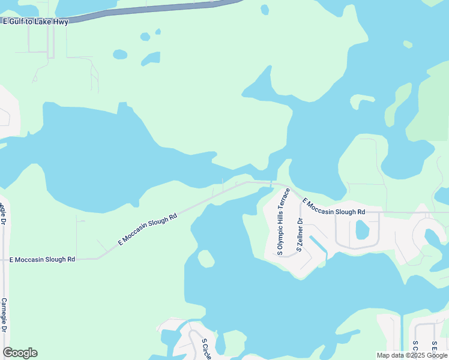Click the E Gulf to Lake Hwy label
35,22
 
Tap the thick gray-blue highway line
150,9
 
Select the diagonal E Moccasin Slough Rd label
148,229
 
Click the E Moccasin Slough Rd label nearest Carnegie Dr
42,259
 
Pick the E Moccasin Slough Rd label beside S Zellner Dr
334,207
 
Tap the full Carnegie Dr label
4,316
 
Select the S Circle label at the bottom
207,349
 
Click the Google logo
20,353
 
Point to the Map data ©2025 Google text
411,355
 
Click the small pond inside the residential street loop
361,230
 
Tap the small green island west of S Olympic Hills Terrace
206,259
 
